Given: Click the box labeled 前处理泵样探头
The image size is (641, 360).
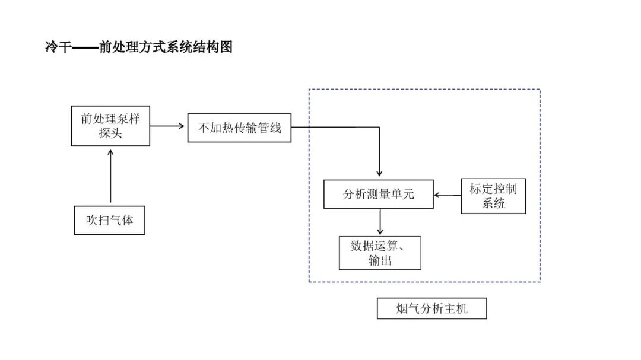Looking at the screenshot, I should tap(110, 126).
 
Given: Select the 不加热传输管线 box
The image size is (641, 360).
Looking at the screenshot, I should tap(239, 128).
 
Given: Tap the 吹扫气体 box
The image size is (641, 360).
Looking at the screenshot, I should tap(109, 220).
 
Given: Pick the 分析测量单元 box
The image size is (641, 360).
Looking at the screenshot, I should tap(378, 195).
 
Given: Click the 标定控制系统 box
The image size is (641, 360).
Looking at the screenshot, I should tap(493, 196).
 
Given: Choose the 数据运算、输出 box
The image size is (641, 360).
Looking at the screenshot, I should tap(379, 253).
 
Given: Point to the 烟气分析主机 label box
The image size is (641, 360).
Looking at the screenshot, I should tap(431, 308).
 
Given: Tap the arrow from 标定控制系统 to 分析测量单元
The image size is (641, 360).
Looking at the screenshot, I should tap(447, 195).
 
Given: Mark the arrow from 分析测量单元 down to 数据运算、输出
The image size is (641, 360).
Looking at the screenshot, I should tap(380, 222).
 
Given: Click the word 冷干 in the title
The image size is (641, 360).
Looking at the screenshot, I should tap(58, 47).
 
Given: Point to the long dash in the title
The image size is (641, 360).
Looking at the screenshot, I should tap(84, 48).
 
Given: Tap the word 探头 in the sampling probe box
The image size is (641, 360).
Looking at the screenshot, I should tap(110, 133).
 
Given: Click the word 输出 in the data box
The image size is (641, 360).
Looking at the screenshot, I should tap(380, 260).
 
